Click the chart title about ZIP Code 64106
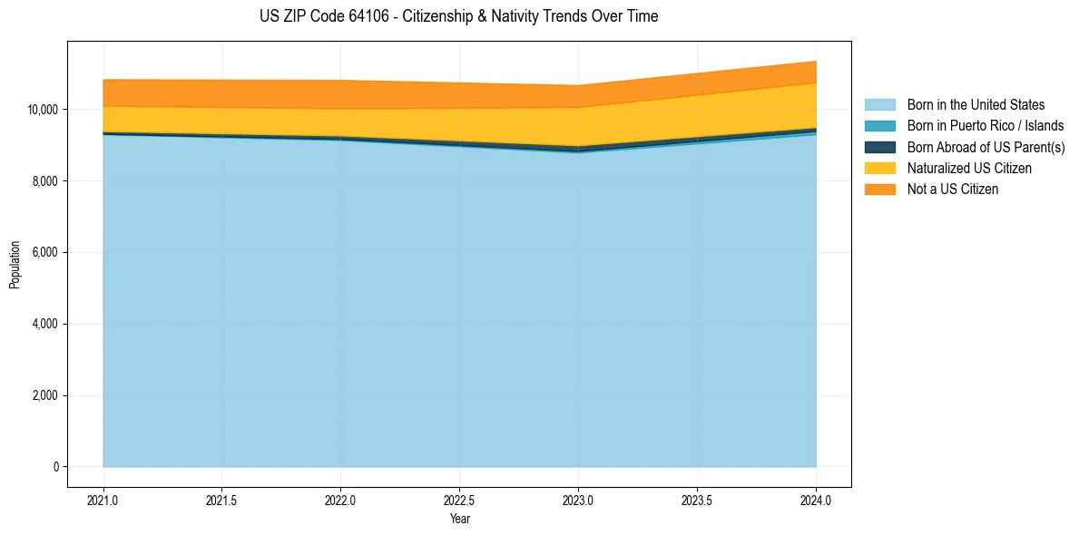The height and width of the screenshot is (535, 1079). (458, 16)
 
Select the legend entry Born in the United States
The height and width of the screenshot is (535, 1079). (976, 105)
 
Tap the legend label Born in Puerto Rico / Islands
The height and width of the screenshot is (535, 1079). (986, 126)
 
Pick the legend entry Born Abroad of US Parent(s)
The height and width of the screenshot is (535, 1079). (986, 147)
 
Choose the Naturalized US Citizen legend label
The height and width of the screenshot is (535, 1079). (969, 168)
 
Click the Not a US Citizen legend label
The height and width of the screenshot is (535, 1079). (953, 189)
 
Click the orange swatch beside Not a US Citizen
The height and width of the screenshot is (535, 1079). (879, 189)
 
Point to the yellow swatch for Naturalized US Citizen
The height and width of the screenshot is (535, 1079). (879, 168)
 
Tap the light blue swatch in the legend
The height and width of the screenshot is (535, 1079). (879, 105)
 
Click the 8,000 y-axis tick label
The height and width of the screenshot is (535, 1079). (44, 181)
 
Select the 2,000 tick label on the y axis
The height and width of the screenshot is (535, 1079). (44, 396)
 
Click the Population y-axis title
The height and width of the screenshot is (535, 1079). (15, 265)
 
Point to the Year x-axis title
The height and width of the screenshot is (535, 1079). (460, 520)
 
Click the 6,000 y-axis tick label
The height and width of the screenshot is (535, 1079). (44, 253)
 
